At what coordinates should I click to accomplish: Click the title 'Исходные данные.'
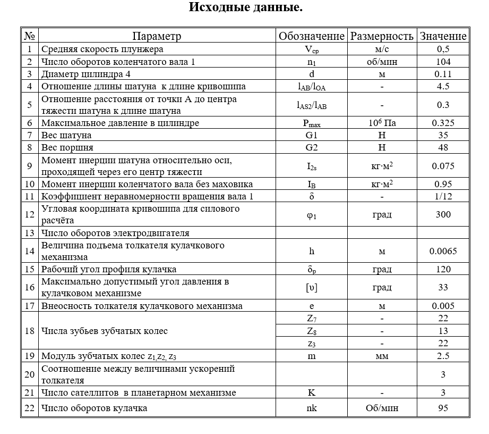pyautogui.click(x=246, y=8)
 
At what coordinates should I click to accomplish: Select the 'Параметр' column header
pyautogui.click(x=157, y=36)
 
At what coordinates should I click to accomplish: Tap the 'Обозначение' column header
pyautogui.click(x=312, y=36)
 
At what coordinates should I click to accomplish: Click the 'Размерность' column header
pyautogui.click(x=381, y=36)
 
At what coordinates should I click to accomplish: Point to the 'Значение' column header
pyautogui.click(x=443, y=36)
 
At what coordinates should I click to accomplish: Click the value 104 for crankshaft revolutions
pyautogui.click(x=443, y=62)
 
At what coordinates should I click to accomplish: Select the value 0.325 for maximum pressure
pyautogui.click(x=443, y=123)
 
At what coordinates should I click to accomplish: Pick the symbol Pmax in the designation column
pyautogui.click(x=312, y=123)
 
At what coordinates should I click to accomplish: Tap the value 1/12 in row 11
pyautogui.click(x=443, y=196)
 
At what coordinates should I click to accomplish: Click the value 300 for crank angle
pyautogui.click(x=443, y=214)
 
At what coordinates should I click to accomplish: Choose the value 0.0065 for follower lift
pyautogui.click(x=443, y=251)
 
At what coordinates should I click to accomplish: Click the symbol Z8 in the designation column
pyautogui.click(x=312, y=331)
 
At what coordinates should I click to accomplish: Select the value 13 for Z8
pyautogui.click(x=443, y=331)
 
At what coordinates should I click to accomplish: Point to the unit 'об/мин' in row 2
pyautogui.click(x=381, y=62)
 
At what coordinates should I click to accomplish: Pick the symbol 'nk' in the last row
pyautogui.click(x=312, y=408)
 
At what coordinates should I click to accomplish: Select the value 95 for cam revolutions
pyautogui.click(x=443, y=408)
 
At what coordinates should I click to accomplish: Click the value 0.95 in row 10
pyautogui.click(x=443, y=184)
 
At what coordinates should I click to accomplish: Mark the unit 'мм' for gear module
pyautogui.click(x=381, y=356)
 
